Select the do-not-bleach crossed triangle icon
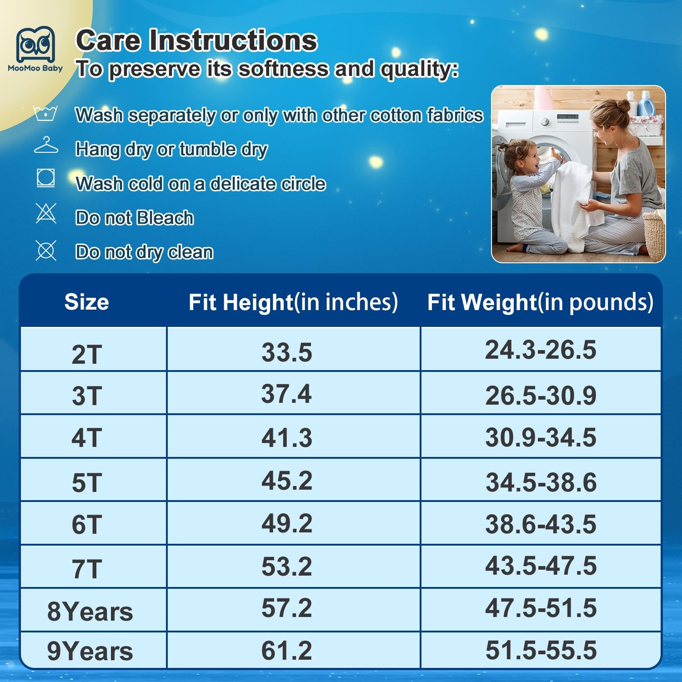pos(46,213)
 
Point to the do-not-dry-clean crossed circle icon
pos(46,251)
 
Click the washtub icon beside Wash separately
pos(45,113)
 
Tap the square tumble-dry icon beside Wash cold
pos(46,178)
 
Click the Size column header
pos(87,302)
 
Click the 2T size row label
pos(87,354)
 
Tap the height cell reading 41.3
pos(287,437)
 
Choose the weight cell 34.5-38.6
pos(541,482)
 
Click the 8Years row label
pos(90,612)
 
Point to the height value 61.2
pos(286,650)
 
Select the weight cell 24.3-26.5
pos(541,350)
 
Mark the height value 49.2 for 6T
pos(287,523)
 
